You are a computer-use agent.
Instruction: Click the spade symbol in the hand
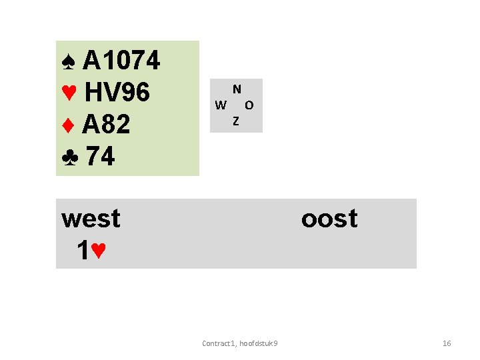(67, 62)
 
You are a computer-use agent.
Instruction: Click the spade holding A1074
(121, 61)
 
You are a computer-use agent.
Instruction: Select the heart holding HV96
(117, 93)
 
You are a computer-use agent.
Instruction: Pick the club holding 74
(101, 157)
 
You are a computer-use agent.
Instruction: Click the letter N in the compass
(237, 89)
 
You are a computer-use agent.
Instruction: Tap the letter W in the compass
(221, 105)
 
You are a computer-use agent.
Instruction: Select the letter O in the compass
(249, 105)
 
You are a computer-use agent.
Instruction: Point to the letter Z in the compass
(236, 121)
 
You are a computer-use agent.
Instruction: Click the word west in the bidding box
(91, 219)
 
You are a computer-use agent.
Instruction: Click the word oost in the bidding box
(329, 219)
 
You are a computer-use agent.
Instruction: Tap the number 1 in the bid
(83, 251)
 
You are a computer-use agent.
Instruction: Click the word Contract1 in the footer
(218, 343)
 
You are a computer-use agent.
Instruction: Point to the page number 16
(447, 343)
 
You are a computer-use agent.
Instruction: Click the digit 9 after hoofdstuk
(276, 343)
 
